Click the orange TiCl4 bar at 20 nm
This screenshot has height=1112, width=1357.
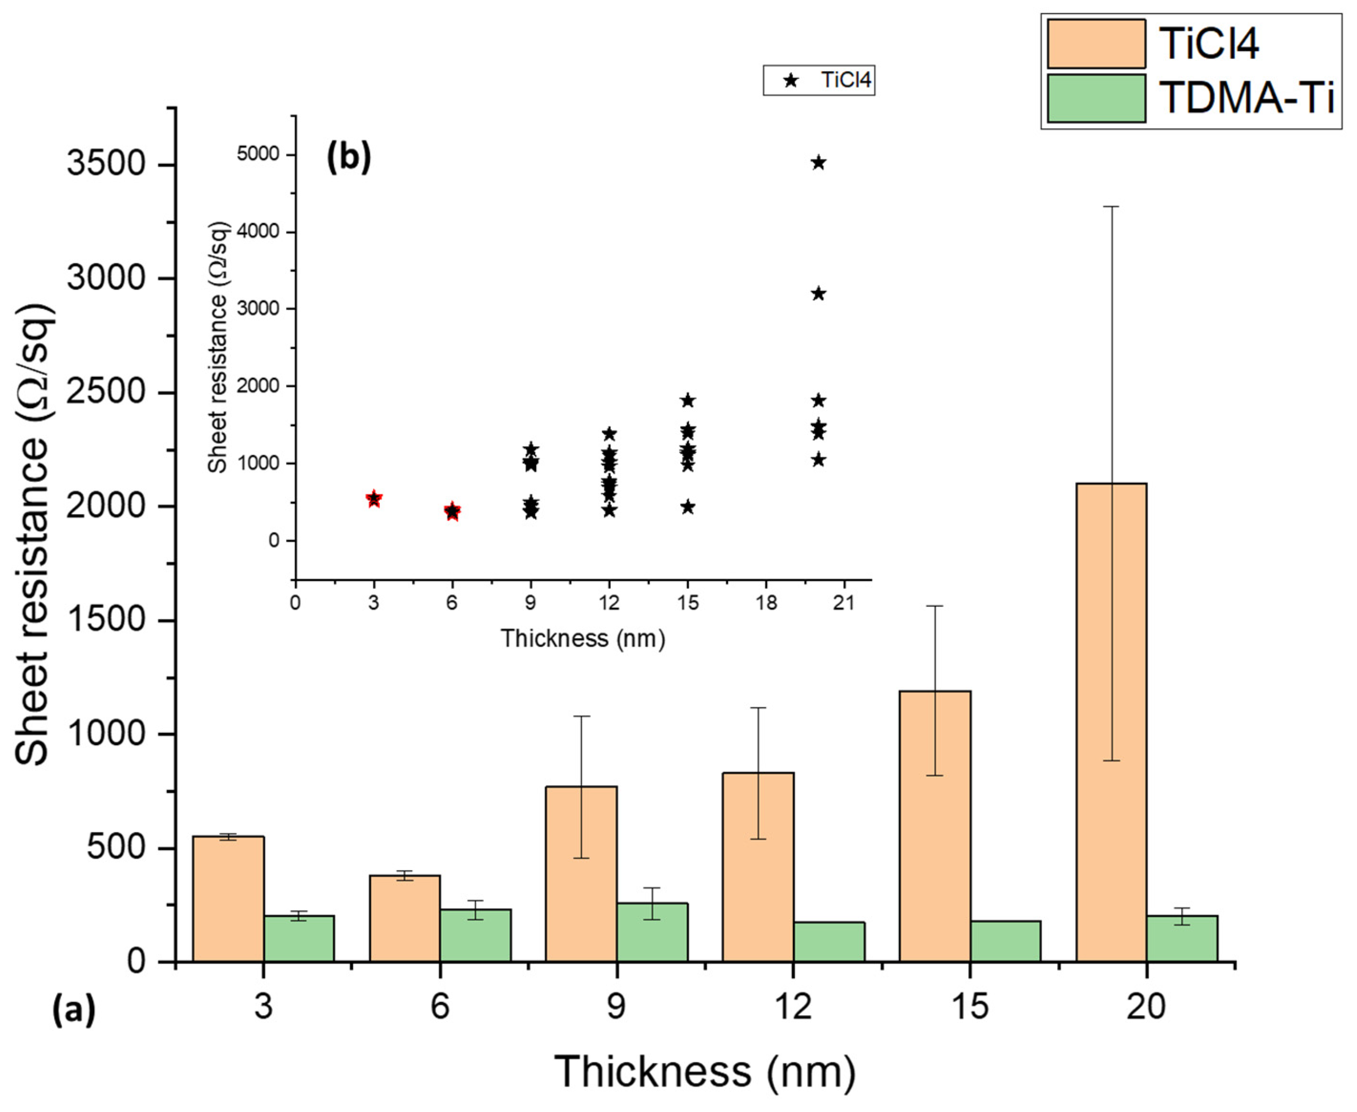click(1111, 724)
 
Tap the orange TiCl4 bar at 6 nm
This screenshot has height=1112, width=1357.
click(405, 919)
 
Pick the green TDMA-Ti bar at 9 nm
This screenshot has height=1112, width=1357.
click(652, 933)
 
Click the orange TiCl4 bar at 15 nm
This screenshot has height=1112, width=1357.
click(935, 826)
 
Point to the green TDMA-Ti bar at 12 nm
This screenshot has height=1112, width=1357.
click(829, 942)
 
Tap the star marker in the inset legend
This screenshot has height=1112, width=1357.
click(792, 81)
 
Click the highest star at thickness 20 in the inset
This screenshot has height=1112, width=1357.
click(818, 163)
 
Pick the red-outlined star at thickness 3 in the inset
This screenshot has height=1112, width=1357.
click(374, 498)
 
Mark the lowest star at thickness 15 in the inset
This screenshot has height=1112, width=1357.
click(688, 507)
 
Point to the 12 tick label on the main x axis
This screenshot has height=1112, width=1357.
click(793, 1007)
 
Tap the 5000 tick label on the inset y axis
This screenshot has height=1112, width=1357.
click(258, 154)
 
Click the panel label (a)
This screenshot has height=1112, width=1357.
click(73, 1009)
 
